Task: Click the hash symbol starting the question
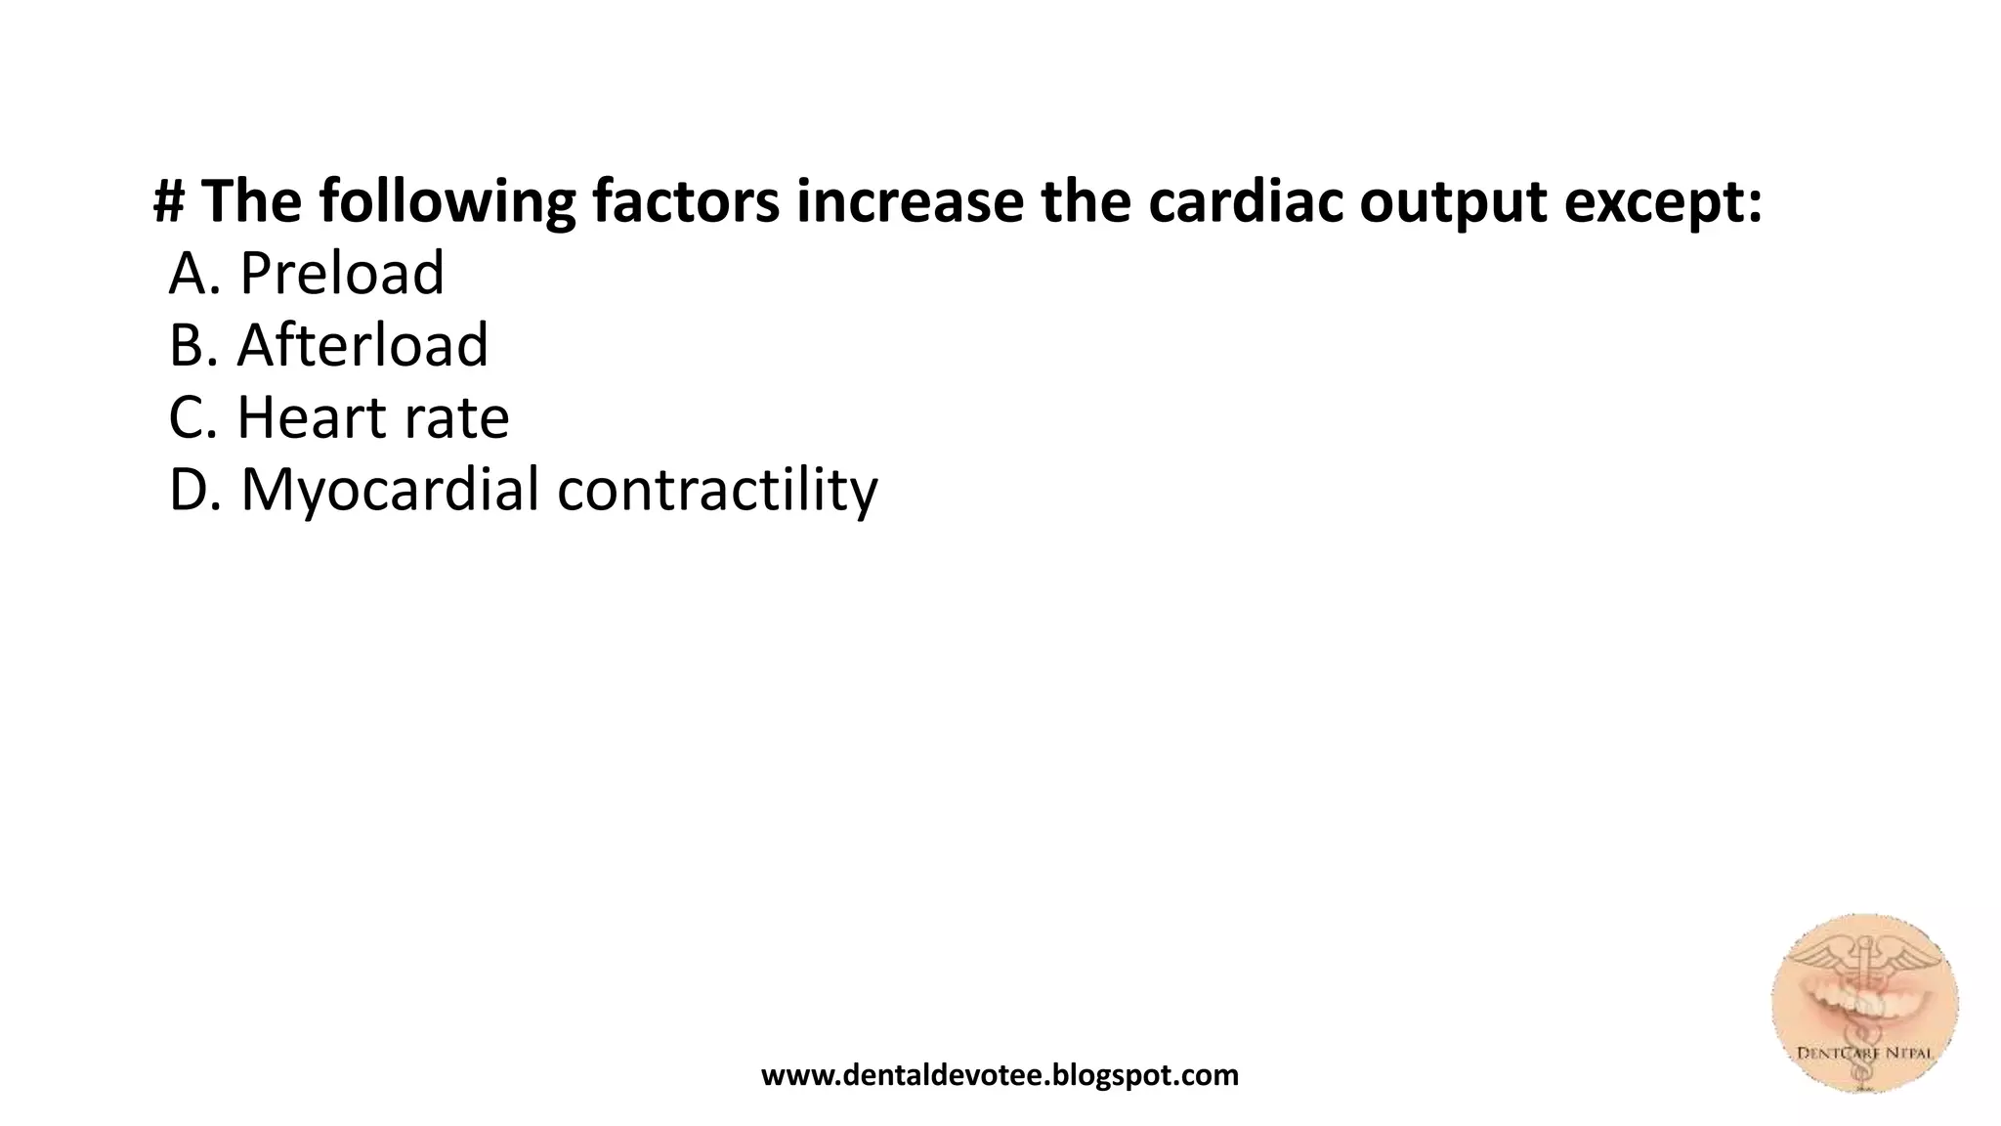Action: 170,201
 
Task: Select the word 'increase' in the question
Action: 910,201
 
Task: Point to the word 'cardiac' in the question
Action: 1244,201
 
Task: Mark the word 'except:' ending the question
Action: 1664,201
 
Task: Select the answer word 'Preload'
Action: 342,273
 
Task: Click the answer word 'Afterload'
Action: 362,345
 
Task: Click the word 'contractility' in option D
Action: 717,490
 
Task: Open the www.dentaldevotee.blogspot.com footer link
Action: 1000,1075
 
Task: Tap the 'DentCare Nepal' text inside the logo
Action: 1864,1054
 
